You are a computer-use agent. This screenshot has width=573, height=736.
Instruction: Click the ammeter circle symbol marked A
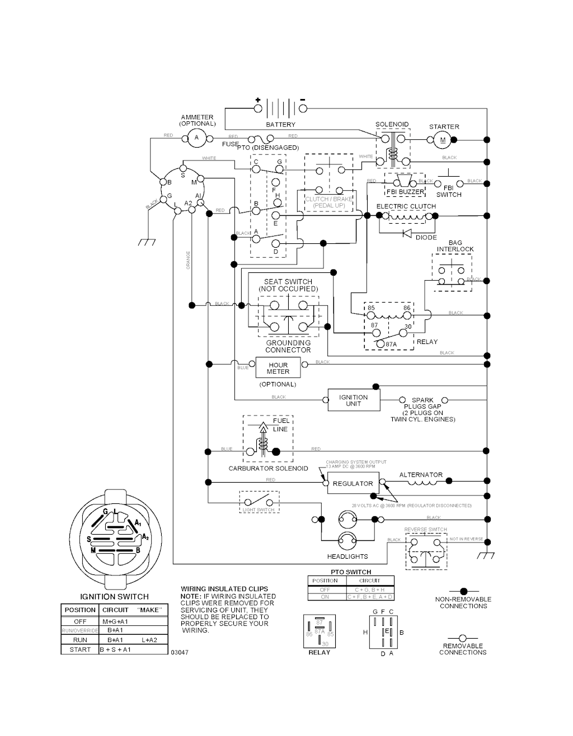[196, 138]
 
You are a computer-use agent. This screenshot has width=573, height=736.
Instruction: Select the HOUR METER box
[278, 368]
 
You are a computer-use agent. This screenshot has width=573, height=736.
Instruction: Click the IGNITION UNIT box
[353, 400]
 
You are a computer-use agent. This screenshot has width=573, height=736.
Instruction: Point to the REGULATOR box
[353, 483]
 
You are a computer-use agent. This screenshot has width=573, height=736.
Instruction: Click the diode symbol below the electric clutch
[407, 233]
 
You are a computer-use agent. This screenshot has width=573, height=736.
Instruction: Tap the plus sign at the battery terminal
[258, 100]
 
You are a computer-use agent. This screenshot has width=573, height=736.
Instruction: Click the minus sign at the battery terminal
[303, 100]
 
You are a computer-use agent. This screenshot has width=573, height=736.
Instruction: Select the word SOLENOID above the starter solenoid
[392, 124]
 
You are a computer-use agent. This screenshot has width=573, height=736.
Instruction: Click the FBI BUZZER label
[406, 192]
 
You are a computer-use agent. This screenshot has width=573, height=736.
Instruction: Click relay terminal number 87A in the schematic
[391, 345]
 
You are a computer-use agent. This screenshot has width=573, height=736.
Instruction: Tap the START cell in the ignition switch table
[80, 649]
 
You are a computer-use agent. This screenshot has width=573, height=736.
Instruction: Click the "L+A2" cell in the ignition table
[149, 640]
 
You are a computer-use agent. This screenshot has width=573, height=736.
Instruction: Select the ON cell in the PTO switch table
[325, 597]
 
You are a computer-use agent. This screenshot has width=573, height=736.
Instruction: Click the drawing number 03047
[180, 652]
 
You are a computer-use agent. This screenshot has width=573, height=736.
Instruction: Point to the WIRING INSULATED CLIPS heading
[224, 589]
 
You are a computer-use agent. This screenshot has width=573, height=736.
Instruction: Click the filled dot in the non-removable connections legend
[463, 591]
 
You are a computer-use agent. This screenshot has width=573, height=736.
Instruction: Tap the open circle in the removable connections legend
[463, 638]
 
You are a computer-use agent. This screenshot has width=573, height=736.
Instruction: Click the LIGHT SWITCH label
[258, 510]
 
